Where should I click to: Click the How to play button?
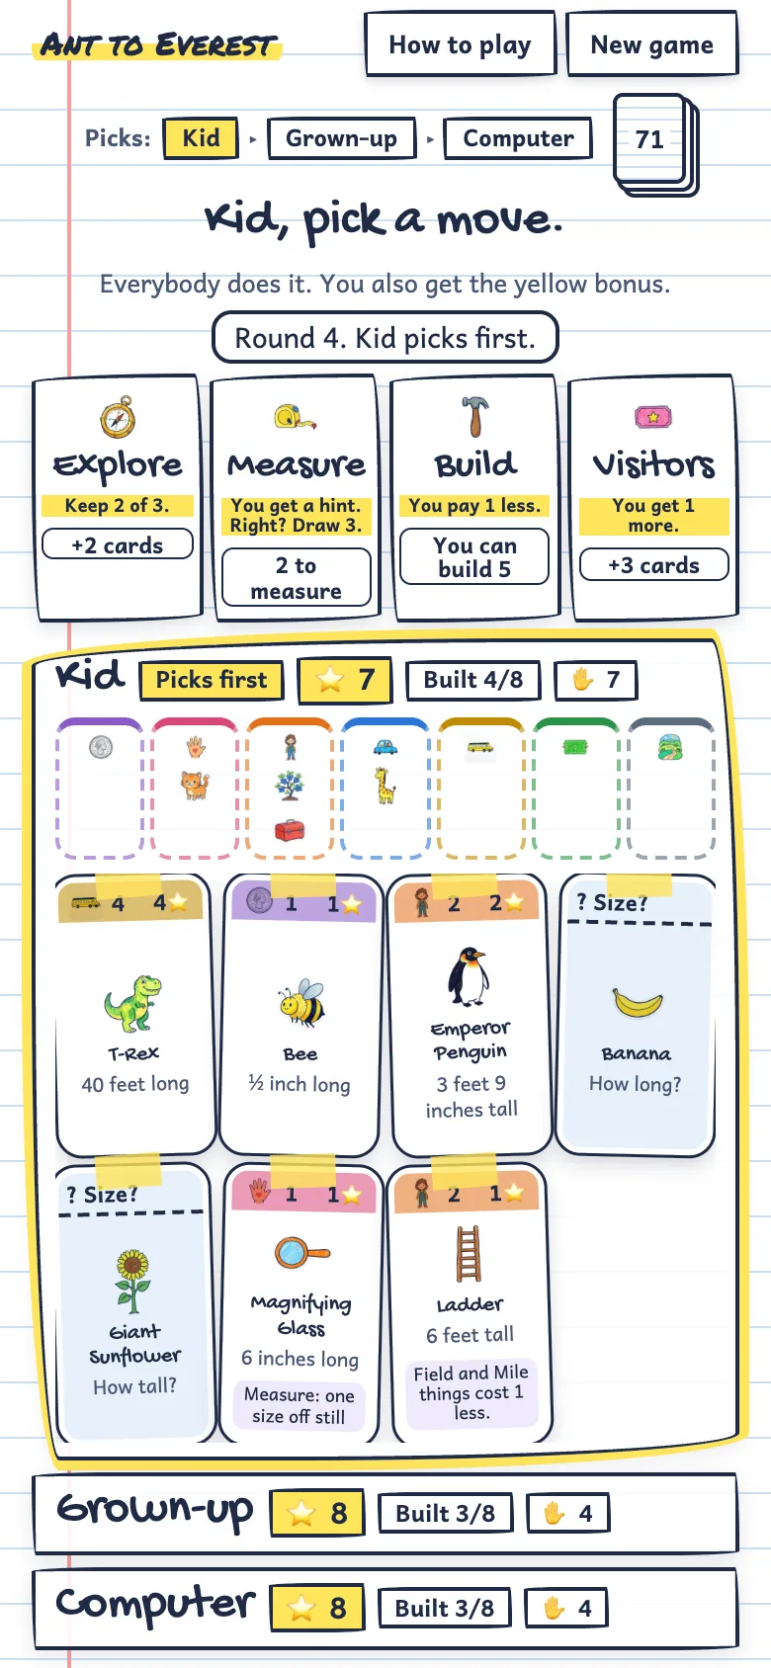[x=461, y=43]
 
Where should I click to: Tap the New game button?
[x=651, y=43]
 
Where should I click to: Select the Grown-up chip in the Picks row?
[x=341, y=138]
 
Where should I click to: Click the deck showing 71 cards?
[x=654, y=143]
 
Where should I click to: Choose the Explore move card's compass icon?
[x=119, y=417]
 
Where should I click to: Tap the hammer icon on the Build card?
[x=474, y=415]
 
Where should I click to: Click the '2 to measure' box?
[x=296, y=578]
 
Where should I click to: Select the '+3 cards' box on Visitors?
[x=653, y=565]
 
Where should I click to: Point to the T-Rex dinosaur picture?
[x=132, y=1003]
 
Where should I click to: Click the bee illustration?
[x=300, y=1002]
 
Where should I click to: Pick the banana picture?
[x=637, y=1002]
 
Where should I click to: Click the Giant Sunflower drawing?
[x=133, y=1281]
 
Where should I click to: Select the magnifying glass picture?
[x=301, y=1253]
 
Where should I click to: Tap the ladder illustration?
[x=469, y=1254]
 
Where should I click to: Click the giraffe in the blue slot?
[x=385, y=786]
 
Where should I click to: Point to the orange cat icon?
[x=195, y=786]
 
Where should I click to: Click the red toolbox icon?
[x=290, y=829]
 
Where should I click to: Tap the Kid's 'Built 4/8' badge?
[x=473, y=680]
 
